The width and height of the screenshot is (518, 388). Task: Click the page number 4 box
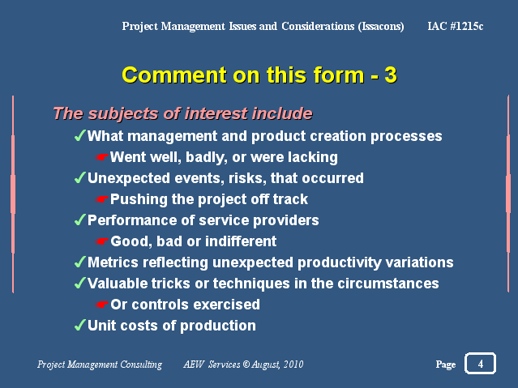click(480, 364)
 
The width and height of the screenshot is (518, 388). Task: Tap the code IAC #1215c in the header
click(456, 26)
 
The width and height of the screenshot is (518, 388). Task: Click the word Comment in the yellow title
click(174, 75)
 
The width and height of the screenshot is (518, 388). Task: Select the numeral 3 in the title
click(391, 75)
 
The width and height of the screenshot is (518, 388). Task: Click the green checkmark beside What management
click(80, 135)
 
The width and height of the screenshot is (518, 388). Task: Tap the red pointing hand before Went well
click(102, 157)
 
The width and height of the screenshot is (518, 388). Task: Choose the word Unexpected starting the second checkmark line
click(129, 179)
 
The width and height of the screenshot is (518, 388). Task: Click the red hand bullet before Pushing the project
click(102, 199)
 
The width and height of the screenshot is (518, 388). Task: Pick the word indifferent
click(241, 241)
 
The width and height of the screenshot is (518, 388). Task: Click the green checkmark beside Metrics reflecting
click(80, 262)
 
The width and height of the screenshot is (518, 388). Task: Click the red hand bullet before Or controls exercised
click(102, 305)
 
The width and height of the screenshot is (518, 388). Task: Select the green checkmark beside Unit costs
click(80, 325)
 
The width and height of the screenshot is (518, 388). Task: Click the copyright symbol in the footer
click(246, 364)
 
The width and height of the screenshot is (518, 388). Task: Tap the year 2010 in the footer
click(293, 365)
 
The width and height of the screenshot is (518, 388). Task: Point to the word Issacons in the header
click(381, 26)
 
